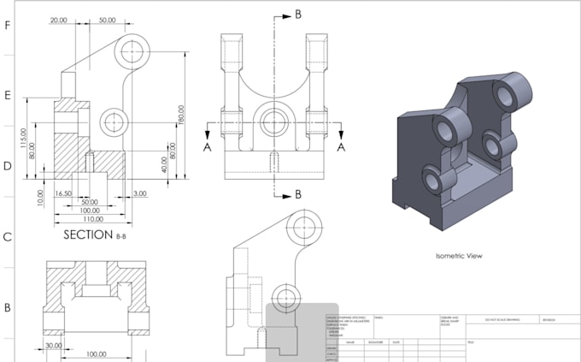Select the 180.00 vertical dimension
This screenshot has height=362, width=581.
tap(181, 115)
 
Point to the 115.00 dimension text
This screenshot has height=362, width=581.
tap(25, 136)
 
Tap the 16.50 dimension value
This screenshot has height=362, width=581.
tap(62, 195)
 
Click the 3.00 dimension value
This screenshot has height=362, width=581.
tap(139, 195)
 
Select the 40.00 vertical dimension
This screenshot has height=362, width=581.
tap(164, 163)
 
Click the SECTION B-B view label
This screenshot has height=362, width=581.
tap(89, 234)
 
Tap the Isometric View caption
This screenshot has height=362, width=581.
tap(460, 254)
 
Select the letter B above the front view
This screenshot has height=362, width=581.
tap(297, 14)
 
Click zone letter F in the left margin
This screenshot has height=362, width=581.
tap(8, 26)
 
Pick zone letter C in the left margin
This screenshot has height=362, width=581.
tap(8, 237)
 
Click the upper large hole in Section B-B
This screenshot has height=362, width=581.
tap(132, 50)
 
